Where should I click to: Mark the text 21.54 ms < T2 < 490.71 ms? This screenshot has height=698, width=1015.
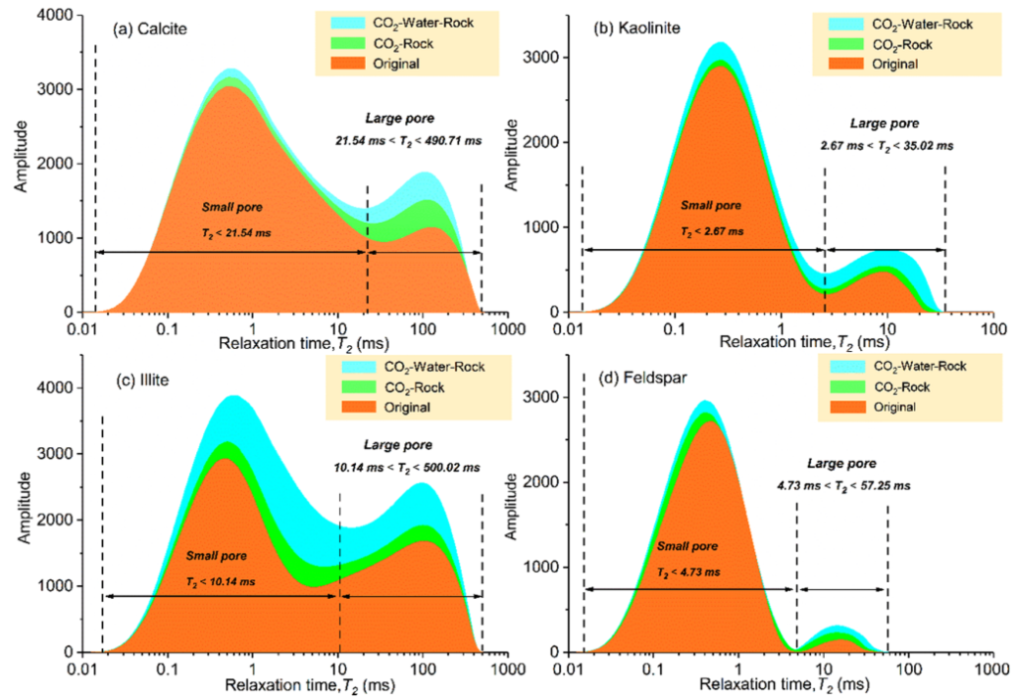pos(409,141)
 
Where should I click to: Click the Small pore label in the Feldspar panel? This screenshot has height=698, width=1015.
pos(686,546)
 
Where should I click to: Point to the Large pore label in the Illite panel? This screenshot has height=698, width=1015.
pos(408,444)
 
